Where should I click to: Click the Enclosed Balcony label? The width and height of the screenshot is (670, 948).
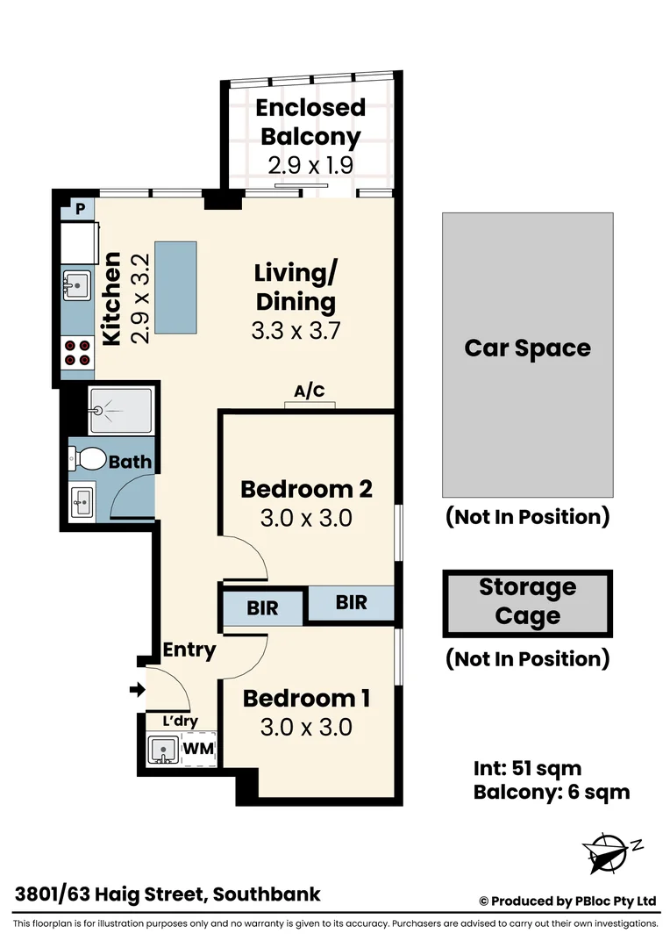[310, 122]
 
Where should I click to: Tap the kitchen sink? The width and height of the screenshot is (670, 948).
[75, 284]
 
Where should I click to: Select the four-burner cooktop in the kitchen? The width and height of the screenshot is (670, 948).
[76, 352]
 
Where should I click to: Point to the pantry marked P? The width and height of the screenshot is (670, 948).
[80, 209]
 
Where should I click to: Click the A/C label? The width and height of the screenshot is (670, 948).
[310, 391]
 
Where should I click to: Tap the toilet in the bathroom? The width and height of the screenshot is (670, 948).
[89, 458]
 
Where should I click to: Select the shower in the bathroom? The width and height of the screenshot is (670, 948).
[120, 409]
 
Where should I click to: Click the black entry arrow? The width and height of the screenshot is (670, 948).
[137, 691]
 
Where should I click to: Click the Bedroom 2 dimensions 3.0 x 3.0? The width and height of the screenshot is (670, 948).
[306, 518]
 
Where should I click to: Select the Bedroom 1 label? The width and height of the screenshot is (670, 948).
[306, 699]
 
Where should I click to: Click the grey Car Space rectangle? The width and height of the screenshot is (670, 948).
[527, 355]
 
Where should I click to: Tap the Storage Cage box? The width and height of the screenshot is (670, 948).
[527, 603]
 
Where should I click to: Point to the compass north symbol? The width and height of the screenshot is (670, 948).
[609, 851]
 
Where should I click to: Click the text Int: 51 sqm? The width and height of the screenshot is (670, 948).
[527, 770]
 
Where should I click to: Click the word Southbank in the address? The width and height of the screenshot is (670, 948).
[267, 895]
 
